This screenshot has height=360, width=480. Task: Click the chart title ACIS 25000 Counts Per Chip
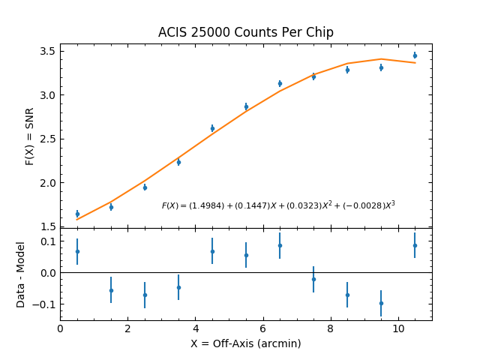pos(246,32)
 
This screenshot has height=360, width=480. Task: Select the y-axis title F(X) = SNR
pos(30,135)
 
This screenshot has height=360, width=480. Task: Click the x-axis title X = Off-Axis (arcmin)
pos(246,343)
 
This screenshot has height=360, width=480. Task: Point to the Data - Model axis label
pos(21,274)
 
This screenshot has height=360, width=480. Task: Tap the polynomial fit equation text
pos(278,205)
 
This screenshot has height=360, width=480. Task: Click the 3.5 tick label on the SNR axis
pos(46,51)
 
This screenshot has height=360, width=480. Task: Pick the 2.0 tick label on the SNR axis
pos(46,183)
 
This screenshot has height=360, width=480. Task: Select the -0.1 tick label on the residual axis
pos(43,304)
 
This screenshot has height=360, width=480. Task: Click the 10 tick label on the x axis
pos(398,328)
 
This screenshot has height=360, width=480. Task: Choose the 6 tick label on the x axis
pos(263,328)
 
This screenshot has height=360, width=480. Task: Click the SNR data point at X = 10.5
pos(415,55)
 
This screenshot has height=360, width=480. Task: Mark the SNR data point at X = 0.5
pos(77,214)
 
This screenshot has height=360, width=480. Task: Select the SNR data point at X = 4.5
pos(212,128)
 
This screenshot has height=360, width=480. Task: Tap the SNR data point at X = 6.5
pos(280,83)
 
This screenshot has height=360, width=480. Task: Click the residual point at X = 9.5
pos(381,303)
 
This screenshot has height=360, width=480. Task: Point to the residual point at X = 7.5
pos(313,279)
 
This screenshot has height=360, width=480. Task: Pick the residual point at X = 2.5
pos(145,295)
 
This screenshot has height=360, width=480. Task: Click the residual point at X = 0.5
pos(77,251)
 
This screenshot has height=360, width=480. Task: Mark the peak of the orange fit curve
pos(381,58)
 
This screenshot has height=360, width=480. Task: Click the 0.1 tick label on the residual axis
pos(46,241)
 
